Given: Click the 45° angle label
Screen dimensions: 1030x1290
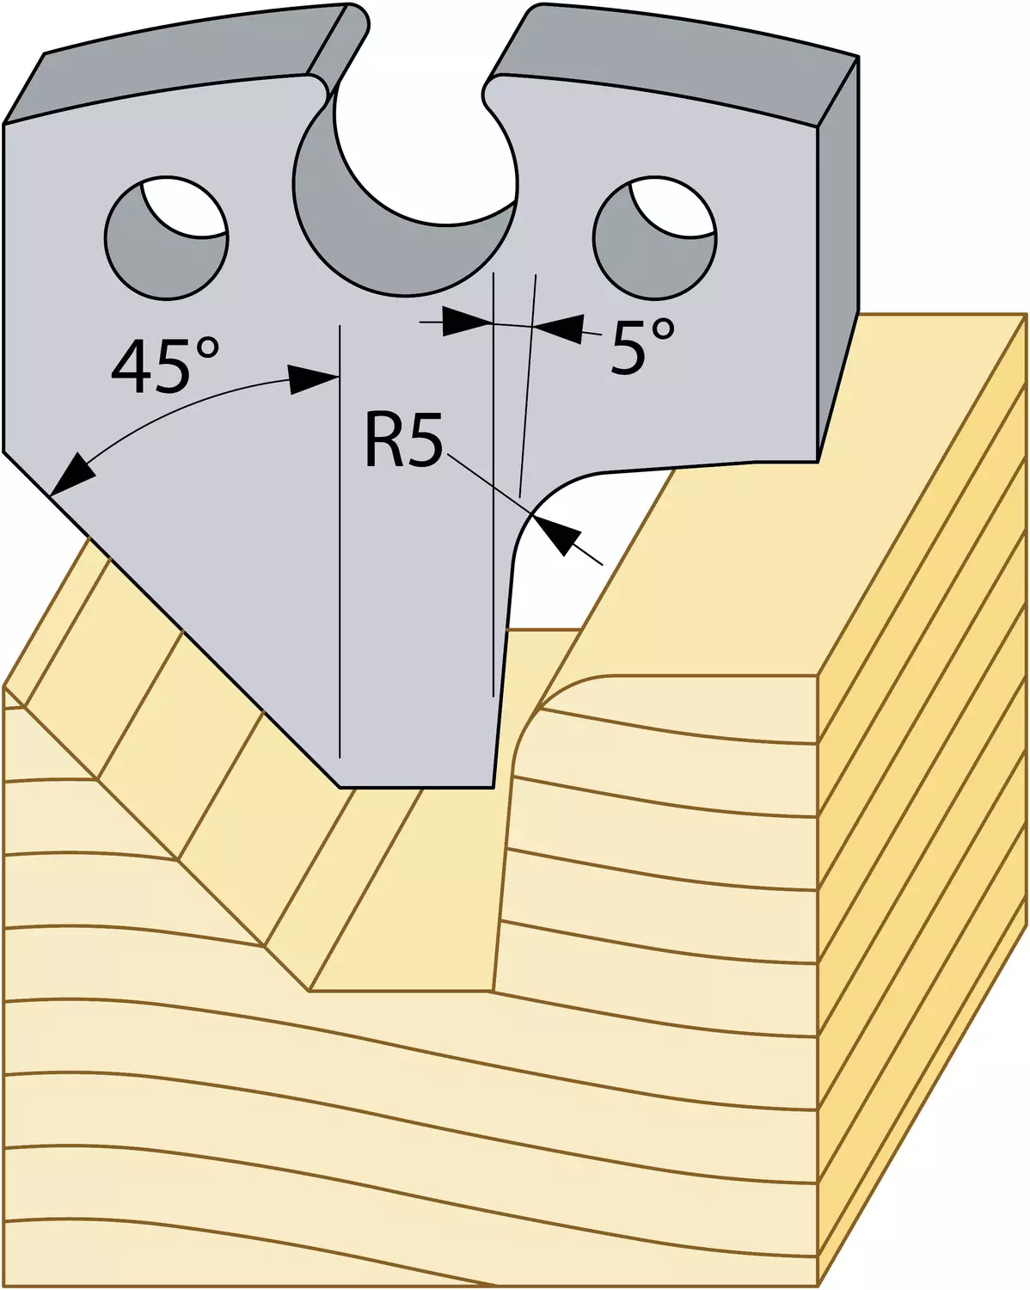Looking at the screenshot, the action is tap(165, 365).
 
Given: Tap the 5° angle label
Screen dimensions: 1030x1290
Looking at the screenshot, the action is tap(642, 347).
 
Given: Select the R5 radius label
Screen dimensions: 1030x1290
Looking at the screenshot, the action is tap(404, 439).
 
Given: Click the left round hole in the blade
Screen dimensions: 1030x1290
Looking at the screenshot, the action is tap(166, 237).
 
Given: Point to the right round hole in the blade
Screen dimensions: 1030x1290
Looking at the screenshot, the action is tap(654, 237).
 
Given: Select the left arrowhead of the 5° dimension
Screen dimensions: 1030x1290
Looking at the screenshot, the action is tap(465, 322).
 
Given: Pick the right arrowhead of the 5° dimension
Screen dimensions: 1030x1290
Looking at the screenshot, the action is tap(559, 329).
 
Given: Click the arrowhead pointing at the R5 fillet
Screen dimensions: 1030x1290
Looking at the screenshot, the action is tap(555, 534).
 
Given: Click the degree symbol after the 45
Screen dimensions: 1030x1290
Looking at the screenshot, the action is tap(205, 350).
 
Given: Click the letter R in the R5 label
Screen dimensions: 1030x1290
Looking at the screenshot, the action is tap(383, 439).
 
